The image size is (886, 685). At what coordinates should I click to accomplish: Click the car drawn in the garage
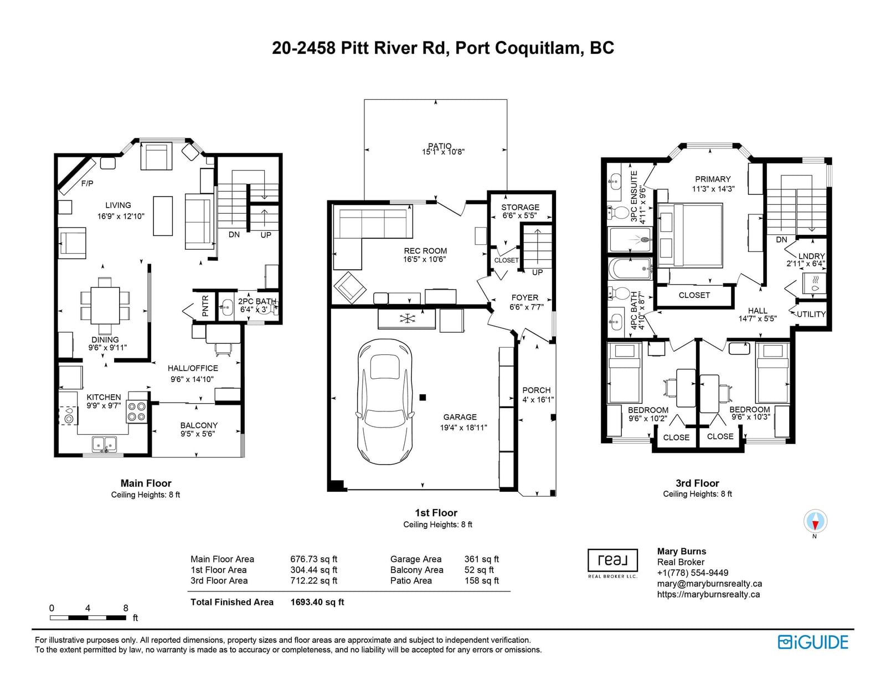click(384, 401)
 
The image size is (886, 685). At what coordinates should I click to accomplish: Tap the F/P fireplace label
click(87, 183)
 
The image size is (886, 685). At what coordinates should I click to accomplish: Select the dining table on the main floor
click(105, 305)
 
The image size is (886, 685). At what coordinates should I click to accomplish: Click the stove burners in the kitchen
click(137, 411)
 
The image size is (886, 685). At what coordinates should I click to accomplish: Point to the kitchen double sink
click(104, 443)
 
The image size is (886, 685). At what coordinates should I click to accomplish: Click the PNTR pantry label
click(205, 306)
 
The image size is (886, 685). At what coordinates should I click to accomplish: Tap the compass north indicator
click(815, 521)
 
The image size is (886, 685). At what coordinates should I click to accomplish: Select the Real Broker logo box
click(612, 560)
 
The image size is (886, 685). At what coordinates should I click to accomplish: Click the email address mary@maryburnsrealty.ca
click(709, 584)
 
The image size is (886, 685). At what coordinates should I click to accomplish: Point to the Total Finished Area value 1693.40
click(317, 602)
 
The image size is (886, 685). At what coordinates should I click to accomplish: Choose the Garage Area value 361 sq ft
click(482, 559)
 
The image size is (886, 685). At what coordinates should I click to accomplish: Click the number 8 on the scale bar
click(126, 608)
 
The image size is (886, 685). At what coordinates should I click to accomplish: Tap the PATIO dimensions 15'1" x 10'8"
click(443, 152)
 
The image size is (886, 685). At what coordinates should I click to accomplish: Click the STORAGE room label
click(521, 207)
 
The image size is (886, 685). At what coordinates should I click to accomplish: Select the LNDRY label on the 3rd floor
click(811, 256)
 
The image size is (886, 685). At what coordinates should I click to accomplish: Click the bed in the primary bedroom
click(690, 235)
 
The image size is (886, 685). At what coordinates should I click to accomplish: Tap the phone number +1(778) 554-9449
click(693, 573)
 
